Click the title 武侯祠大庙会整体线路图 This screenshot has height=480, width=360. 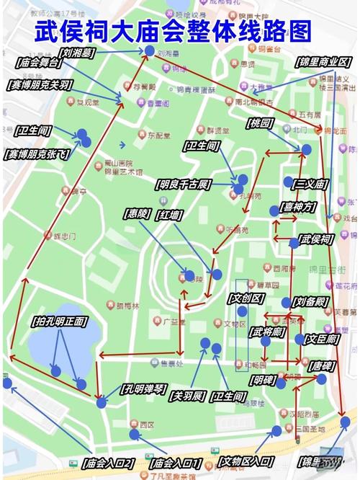pos(174,33)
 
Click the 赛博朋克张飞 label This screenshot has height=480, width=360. pos(40,154)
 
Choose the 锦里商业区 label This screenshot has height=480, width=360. pos(323,62)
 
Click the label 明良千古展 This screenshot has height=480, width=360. pos(182,184)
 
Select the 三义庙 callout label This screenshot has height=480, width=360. pos(310,184)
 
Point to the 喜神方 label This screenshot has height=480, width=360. pos(299,206)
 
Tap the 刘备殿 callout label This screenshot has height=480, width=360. pos(310,301)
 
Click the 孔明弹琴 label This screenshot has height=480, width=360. pos(146,388)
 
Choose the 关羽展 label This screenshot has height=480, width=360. pos(189,396)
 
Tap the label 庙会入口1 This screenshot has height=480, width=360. pos(175,461)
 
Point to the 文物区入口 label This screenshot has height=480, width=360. pos(246,461)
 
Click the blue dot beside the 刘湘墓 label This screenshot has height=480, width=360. pos(149,50)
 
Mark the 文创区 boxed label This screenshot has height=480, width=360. pos(247,298)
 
